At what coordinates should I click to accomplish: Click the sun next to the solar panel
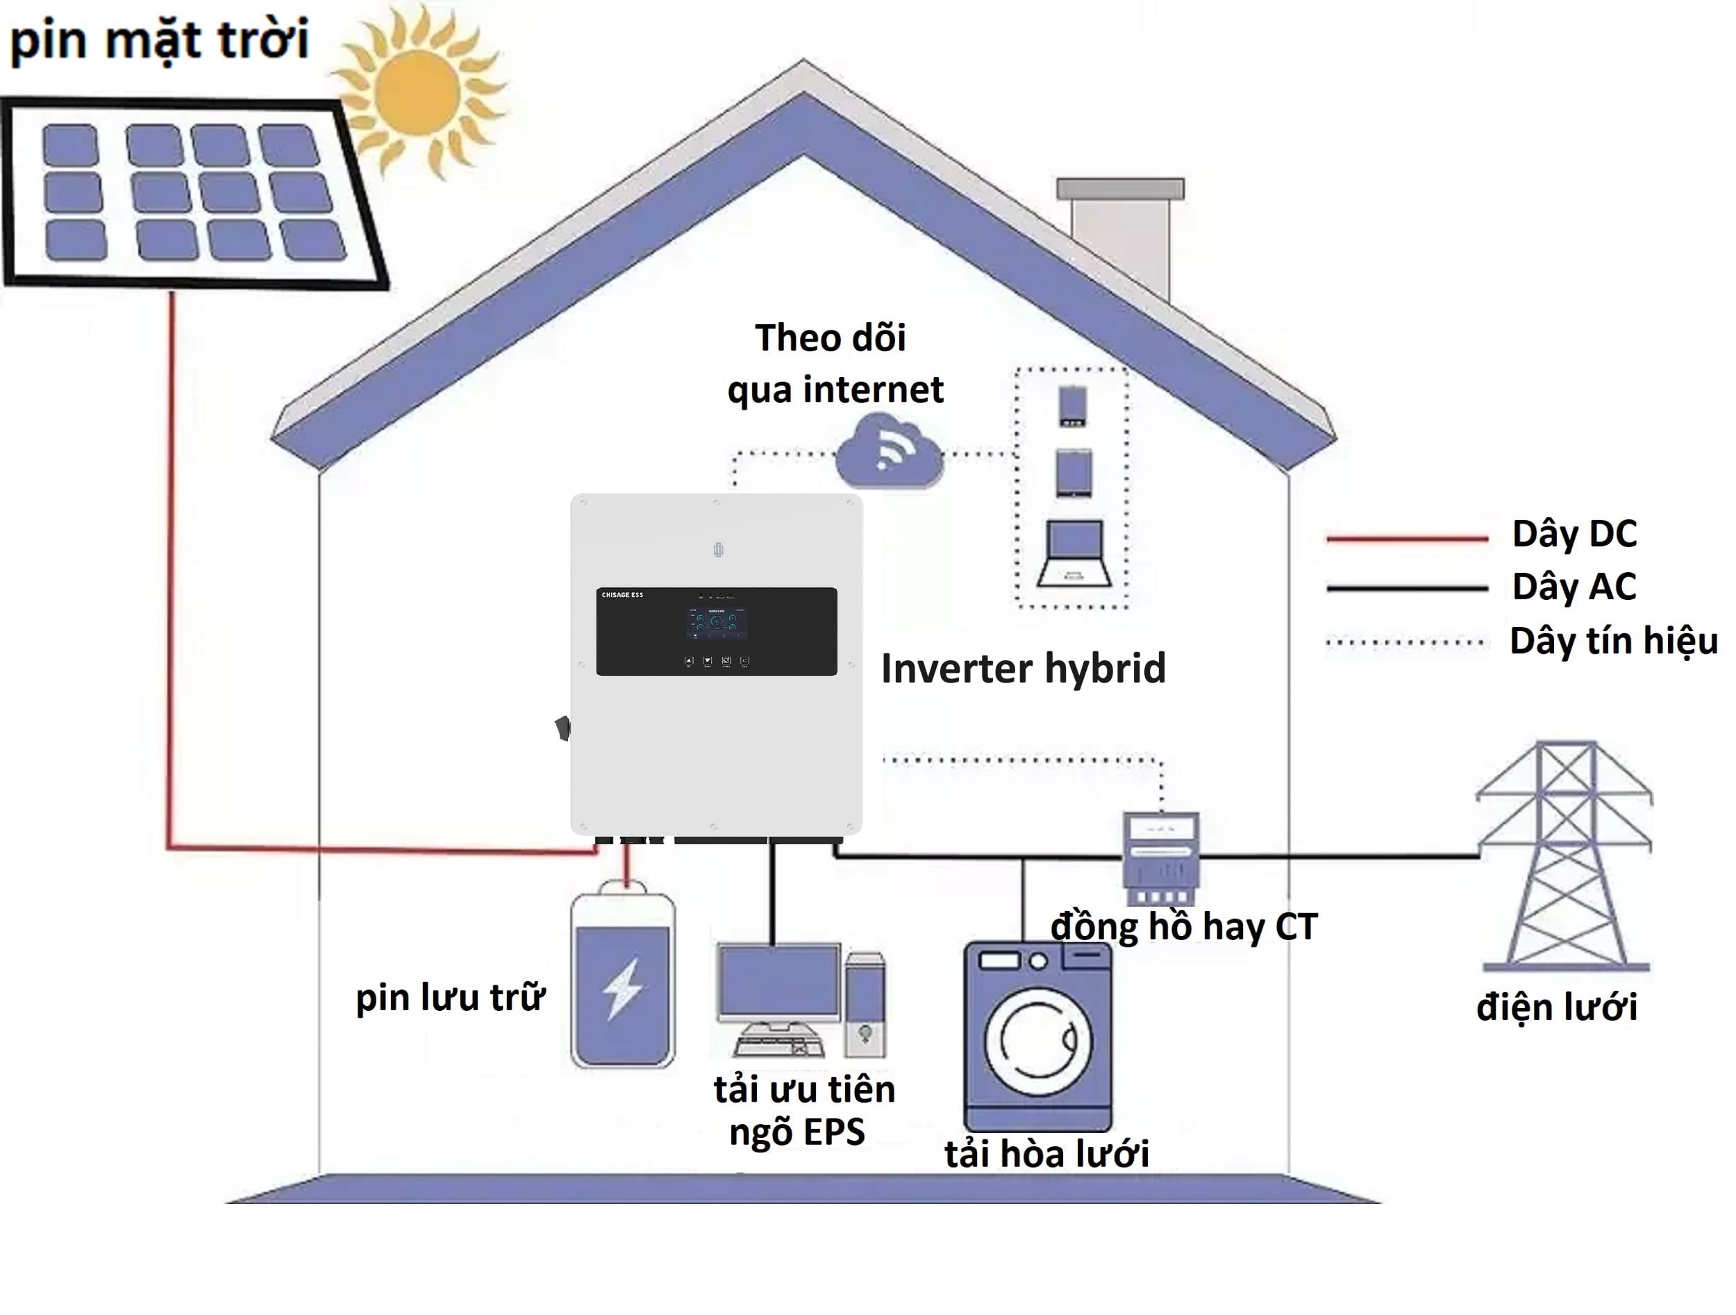[x=417, y=92]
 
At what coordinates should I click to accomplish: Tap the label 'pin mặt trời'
[x=159, y=40]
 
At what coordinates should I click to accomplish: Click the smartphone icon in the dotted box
[x=1072, y=405]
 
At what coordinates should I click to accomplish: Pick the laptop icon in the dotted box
[x=1074, y=553]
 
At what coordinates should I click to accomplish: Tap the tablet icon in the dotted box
[x=1073, y=472]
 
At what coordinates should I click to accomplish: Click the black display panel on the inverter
[x=716, y=631]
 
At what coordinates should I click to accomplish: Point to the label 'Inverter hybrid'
[x=1023, y=669]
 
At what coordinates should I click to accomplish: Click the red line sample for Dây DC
[x=1406, y=539]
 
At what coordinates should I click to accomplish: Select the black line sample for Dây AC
[x=1406, y=587]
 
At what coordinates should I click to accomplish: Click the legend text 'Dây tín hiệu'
[x=1613, y=641]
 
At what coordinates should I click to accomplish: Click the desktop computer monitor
[x=779, y=981]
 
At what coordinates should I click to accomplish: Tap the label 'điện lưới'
[x=1556, y=1007]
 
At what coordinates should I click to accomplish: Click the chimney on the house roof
[x=1120, y=235]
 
